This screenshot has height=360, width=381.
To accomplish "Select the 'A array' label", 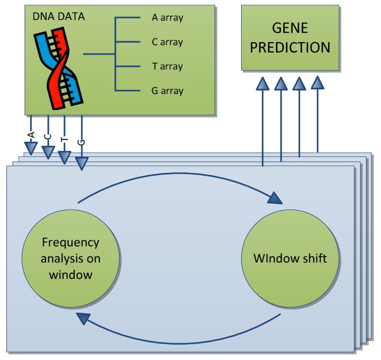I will pyautogui.click(x=167, y=18).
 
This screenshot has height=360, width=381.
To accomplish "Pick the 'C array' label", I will pyautogui.click(x=167, y=42).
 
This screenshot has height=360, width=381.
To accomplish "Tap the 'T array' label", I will pyautogui.click(x=167, y=66).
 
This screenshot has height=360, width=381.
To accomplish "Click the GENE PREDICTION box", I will pyautogui.click(x=290, y=38).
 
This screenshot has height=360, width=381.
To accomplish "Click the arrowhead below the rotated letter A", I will pyautogui.click(x=31, y=148).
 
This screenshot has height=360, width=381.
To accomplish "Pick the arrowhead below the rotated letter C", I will pyautogui.click(x=48, y=153).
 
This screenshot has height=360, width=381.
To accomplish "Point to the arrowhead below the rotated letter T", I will pyautogui.click(x=65, y=157).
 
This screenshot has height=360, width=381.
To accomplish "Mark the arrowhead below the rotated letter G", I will pyautogui.click(x=82, y=164).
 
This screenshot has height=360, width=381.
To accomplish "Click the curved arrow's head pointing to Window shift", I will pyautogui.click(x=275, y=198).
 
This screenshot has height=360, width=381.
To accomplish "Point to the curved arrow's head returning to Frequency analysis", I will pyautogui.click(x=83, y=318).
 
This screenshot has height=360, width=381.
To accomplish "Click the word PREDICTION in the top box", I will pyautogui.click(x=290, y=47).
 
